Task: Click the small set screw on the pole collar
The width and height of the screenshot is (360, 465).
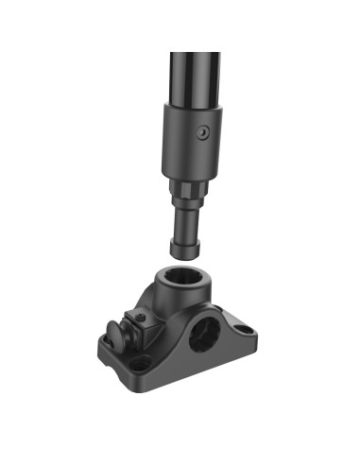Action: click(201, 135)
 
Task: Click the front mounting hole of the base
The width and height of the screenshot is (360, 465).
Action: click(141, 362)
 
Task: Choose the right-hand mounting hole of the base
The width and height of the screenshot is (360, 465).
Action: click(244, 331)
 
